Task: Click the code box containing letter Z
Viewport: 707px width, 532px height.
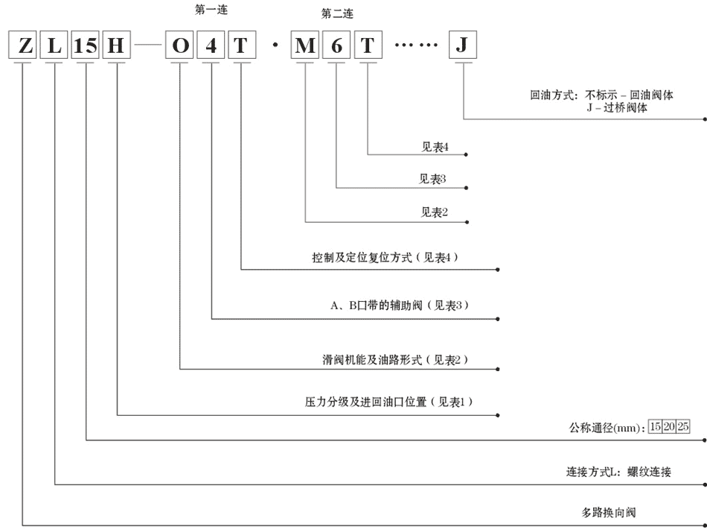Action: [x=22, y=45]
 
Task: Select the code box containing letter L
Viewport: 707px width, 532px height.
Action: [x=54, y=45]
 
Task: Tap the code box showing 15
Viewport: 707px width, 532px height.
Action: [x=86, y=45]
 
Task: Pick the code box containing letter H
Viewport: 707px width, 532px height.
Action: [x=116, y=45]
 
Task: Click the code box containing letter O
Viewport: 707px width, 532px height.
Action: [x=179, y=45]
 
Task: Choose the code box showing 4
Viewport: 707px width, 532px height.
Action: [x=211, y=45]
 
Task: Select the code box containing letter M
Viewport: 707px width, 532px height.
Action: [x=305, y=45]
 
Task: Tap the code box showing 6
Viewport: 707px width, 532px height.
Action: [x=336, y=45]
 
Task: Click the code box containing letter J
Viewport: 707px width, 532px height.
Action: [x=463, y=45]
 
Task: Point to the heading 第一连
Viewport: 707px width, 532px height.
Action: [x=211, y=10]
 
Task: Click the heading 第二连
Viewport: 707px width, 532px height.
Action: [x=337, y=14]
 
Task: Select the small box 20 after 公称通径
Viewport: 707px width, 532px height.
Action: [x=669, y=426]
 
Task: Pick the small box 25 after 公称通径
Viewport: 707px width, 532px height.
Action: [x=682, y=426]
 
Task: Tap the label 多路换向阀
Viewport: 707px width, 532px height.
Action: [x=608, y=513]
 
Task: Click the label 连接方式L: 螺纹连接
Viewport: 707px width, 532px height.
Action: [x=618, y=472]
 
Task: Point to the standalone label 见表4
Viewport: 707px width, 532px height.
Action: [x=435, y=147]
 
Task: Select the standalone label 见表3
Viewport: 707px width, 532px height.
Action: [x=432, y=179]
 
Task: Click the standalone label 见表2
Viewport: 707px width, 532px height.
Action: [x=434, y=212]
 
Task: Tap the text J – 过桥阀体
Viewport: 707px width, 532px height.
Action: [x=617, y=107]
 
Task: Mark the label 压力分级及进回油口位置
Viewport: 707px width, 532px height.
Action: [x=365, y=402]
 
